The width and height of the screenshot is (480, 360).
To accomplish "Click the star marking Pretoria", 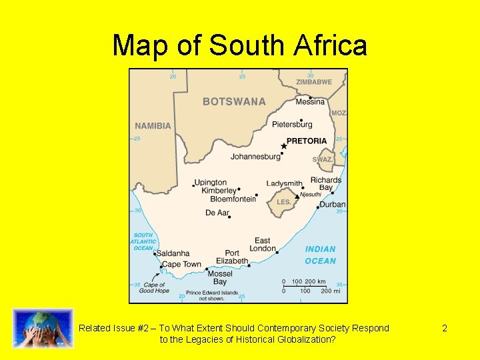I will [284, 146].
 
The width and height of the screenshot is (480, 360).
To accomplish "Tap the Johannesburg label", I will [255, 157].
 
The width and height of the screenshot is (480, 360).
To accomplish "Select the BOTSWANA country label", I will [234, 102].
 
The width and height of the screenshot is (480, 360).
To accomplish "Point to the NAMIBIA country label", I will [153, 126].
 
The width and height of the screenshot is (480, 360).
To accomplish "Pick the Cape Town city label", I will [181, 265].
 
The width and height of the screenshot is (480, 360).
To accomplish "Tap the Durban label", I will [332, 205].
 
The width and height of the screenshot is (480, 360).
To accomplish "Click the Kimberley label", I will [219, 191].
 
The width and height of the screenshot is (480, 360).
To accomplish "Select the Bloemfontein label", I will [233, 199].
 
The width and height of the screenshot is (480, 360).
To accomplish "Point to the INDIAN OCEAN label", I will [321, 255].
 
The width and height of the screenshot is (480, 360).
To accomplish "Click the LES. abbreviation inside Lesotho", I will [284, 202].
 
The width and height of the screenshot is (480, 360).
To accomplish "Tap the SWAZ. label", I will [323, 160].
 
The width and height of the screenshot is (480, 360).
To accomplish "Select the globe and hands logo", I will [43, 328].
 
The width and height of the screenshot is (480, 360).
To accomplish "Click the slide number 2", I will [445, 328].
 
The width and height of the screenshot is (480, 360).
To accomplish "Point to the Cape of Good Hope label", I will [154, 288].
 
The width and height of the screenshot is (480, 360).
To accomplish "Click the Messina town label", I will [310, 102].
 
